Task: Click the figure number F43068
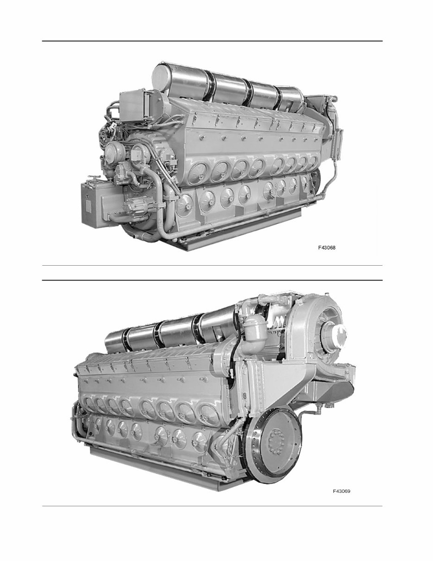pyautogui.click(x=326, y=248)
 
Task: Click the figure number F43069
pyautogui.click(x=341, y=491)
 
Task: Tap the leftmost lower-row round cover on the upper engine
pyautogui.click(x=185, y=202)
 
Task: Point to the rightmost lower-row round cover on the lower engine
pyautogui.click(x=199, y=439)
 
